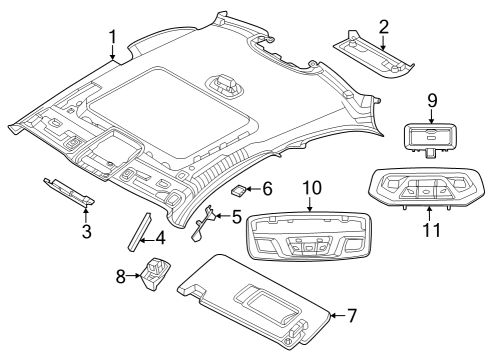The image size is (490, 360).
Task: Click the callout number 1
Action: pos(112,38)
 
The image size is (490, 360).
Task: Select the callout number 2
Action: pos(383,27)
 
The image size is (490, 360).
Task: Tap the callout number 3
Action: pos(87,232)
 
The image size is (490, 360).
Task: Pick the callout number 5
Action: pos(236,216)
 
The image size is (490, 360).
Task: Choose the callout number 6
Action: pos(267,188)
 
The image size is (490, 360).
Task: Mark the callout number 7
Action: pos(351,316)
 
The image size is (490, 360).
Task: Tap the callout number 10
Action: pos(310,187)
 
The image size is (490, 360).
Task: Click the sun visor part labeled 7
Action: pos(260,300)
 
